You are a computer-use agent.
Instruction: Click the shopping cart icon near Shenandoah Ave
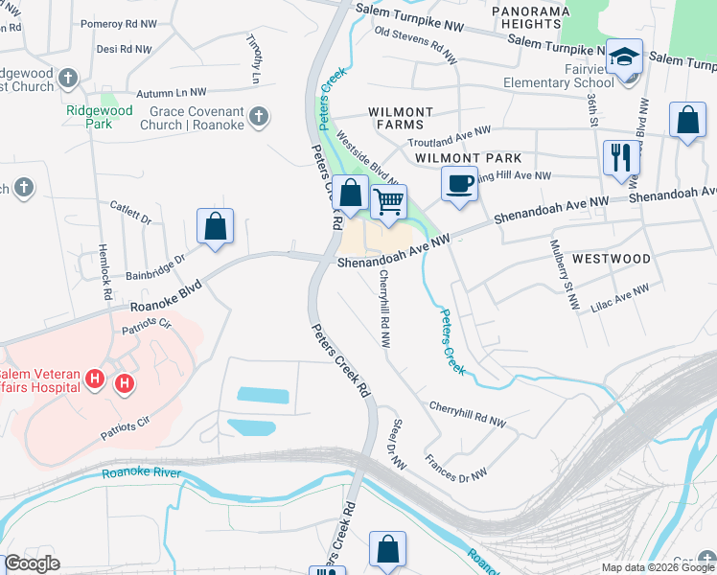[x=388, y=202]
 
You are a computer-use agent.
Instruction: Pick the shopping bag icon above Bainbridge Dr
[x=216, y=227]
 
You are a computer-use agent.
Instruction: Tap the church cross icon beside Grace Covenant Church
[x=257, y=117]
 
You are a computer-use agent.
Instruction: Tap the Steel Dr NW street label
[x=396, y=444]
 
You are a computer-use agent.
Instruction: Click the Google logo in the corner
[x=32, y=563]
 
